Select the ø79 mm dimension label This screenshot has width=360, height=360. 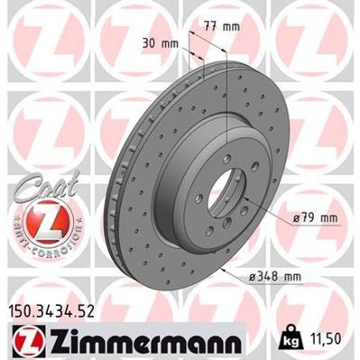tap(317, 217)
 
